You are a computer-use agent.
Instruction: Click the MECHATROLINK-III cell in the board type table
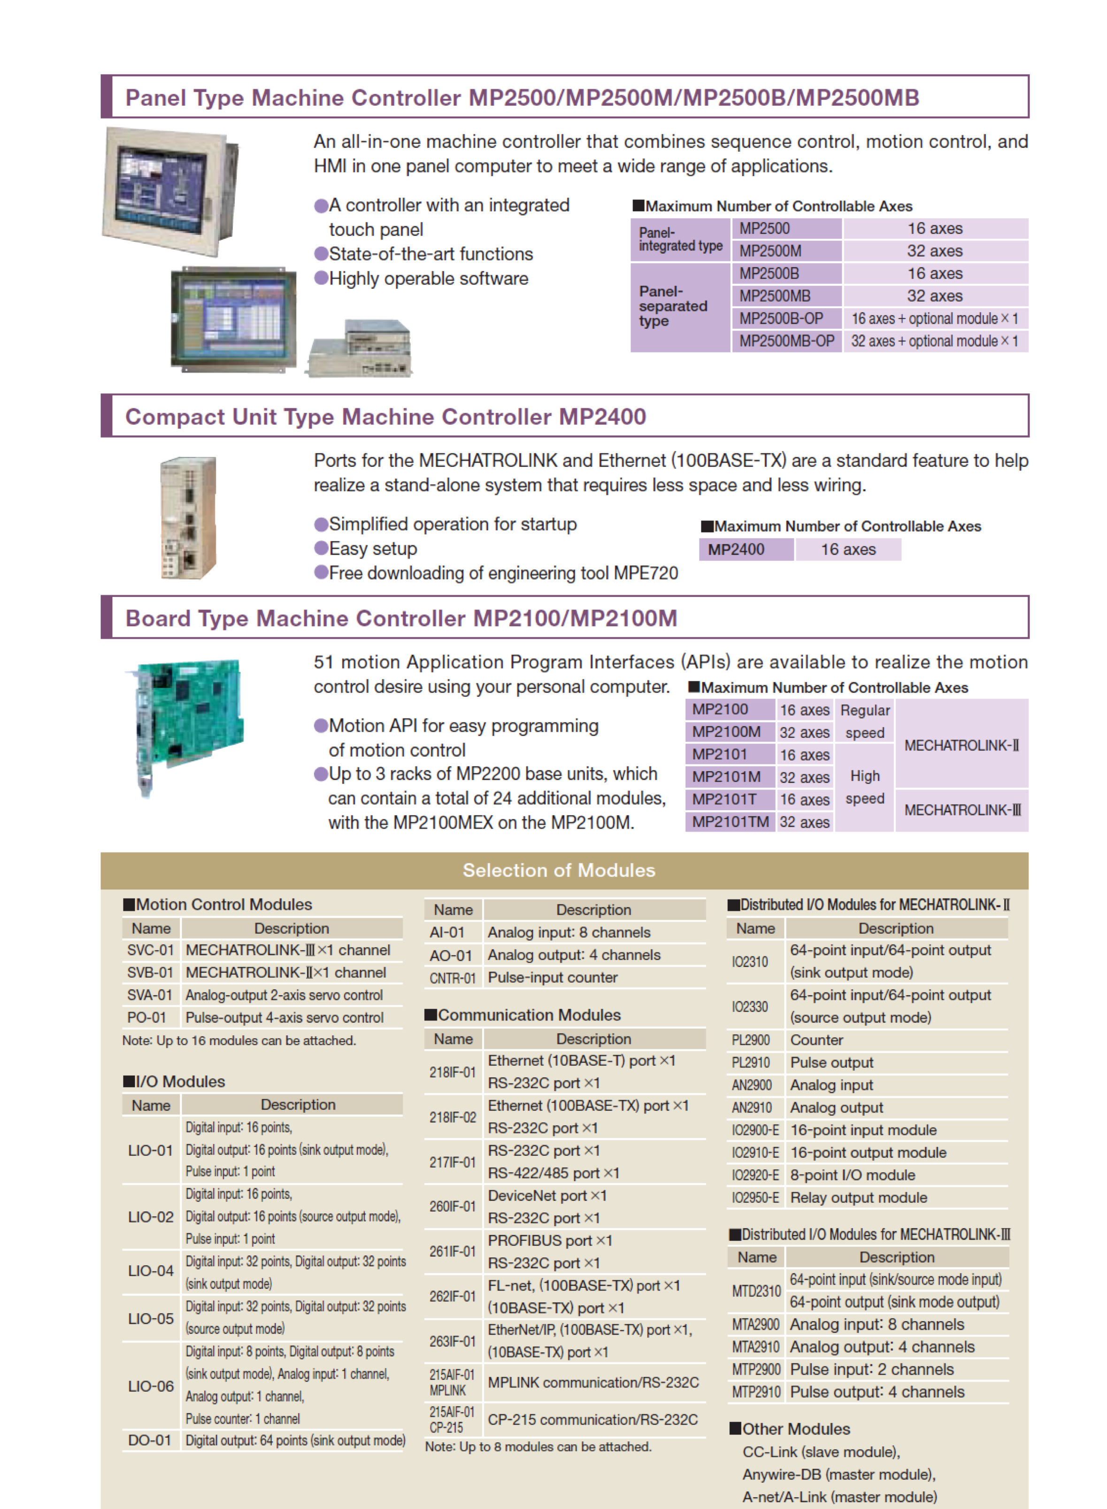point(962,810)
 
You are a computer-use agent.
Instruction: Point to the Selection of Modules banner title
point(559,870)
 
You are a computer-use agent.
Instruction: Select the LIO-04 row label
point(151,1271)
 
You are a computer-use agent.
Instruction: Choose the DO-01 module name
point(149,1440)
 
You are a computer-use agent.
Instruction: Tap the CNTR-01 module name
point(452,978)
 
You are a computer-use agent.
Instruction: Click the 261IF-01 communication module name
point(452,1252)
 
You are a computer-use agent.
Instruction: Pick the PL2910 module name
point(751,1062)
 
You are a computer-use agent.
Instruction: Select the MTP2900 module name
point(756,1369)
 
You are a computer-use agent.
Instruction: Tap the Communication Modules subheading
point(529,1015)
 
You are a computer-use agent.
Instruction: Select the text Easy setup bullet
point(373,549)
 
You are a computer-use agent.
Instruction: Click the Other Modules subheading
point(795,1429)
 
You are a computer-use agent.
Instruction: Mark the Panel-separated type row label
point(673,306)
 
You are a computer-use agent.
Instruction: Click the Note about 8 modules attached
point(538,1447)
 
